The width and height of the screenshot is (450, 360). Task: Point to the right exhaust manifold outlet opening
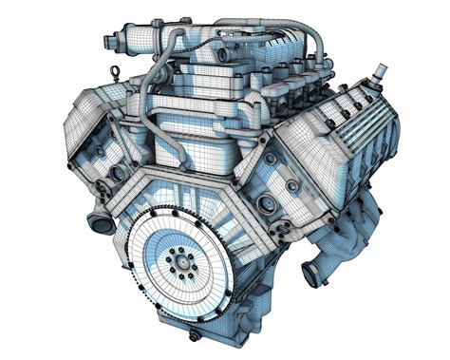pos(310,274)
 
